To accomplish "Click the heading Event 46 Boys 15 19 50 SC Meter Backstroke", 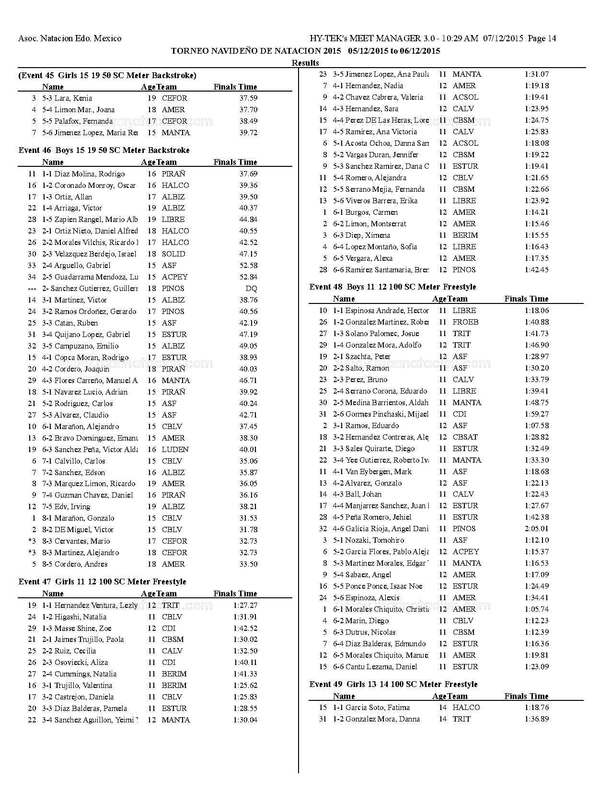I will [x=104, y=151].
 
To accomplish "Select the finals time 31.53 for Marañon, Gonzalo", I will [x=248, y=518].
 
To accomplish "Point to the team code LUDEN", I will [x=175, y=450].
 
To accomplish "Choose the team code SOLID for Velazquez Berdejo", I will [x=173, y=254].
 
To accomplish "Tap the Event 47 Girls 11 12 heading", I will [x=102, y=582].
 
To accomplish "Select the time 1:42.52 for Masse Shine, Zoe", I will [x=245, y=628].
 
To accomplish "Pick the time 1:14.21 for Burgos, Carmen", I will [x=537, y=212].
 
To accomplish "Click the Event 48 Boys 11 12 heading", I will [x=392, y=287].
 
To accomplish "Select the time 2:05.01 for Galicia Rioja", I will [x=537, y=529].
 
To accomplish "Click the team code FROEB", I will [x=465, y=322].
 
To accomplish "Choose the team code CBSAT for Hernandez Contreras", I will [x=465, y=437].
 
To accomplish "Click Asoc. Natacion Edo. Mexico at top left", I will [x=69, y=38].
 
